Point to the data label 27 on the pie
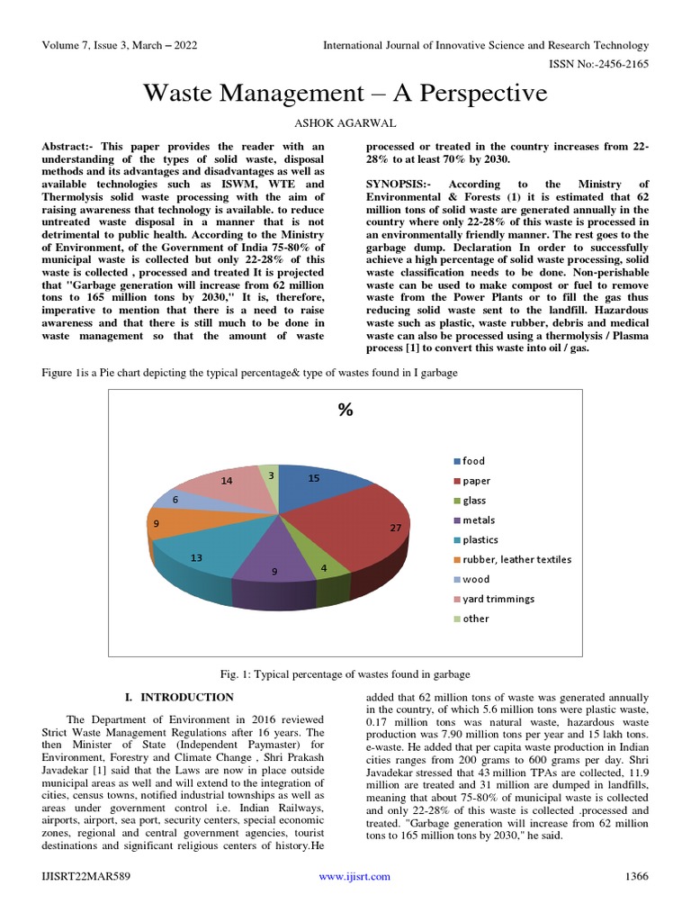[x=395, y=529]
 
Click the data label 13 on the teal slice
[x=196, y=558]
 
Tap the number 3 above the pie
[x=271, y=474]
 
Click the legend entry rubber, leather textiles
[x=516, y=560]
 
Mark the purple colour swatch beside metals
[x=456, y=520]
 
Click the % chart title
[x=345, y=411]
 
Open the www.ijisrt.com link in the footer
[x=354, y=877]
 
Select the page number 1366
[x=635, y=877]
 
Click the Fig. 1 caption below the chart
[x=345, y=674]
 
